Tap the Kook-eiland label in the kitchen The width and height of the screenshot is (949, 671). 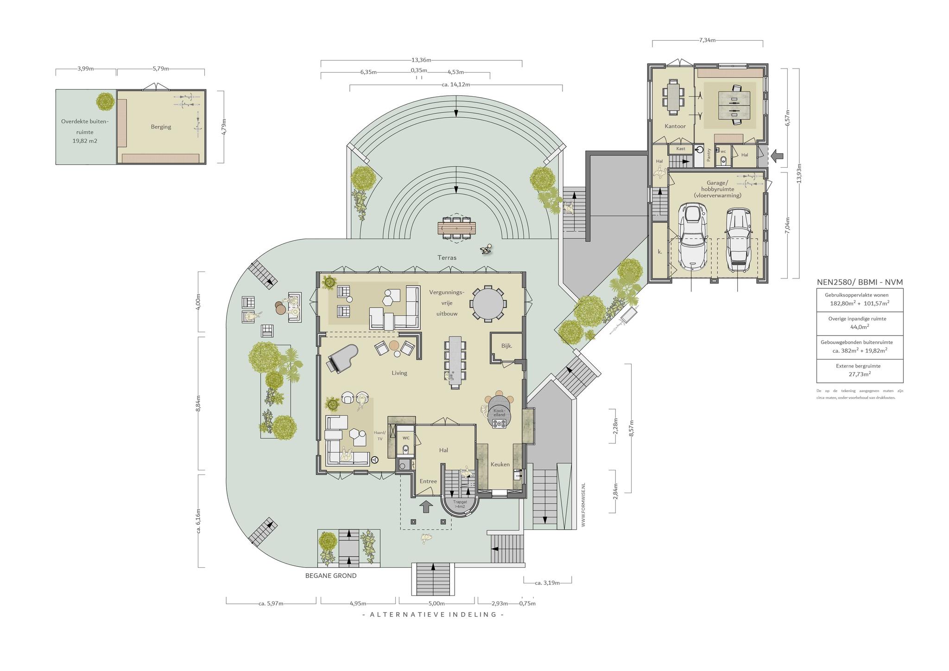tap(499, 412)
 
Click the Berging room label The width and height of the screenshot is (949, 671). tap(161, 127)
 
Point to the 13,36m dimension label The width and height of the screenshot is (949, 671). tap(421, 60)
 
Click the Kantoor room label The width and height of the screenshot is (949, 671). tap(675, 126)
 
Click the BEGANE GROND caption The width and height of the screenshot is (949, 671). tap(331, 576)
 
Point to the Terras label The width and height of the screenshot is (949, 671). tap(447, 258)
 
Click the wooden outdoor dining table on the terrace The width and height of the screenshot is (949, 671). tap(456, 228)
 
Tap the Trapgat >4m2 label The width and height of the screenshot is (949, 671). tap(460, 504)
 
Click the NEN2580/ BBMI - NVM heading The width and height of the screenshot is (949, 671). tap(860, 282)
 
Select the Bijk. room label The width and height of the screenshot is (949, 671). tap(506, 346)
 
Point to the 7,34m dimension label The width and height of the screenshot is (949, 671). tap(707, 40)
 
